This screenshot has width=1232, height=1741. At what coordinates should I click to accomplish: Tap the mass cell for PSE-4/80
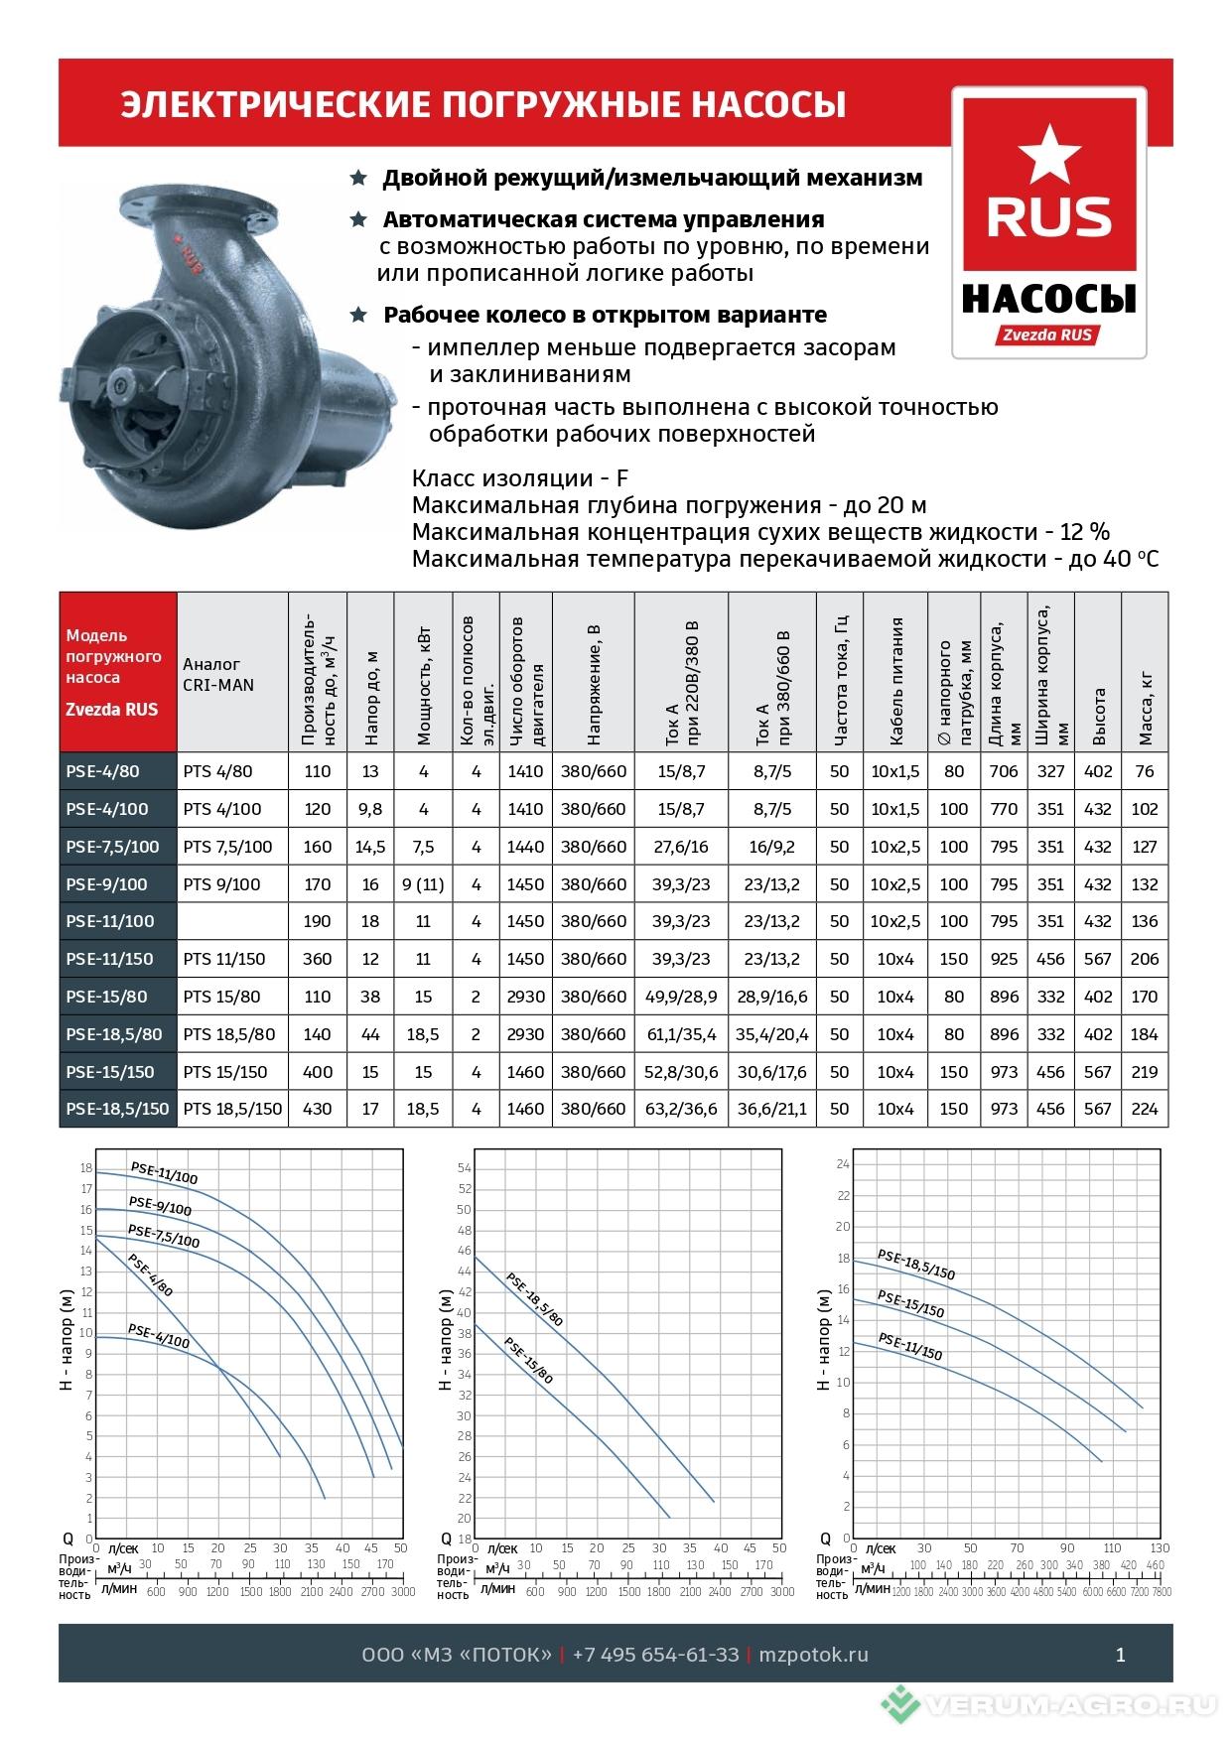click(1144, 771)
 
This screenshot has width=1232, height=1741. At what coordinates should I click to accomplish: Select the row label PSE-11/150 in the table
click(110, 959)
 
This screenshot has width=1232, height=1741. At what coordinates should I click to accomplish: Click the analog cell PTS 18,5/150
click(232, 1109)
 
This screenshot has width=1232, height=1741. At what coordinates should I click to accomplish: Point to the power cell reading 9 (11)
click(423, 884)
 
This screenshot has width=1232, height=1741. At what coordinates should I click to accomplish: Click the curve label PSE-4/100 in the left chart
click(158, 1336)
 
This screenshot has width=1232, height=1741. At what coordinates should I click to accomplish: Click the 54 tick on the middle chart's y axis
click(464, 1168)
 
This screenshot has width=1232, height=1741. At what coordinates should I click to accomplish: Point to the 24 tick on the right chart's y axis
click(843, 1163)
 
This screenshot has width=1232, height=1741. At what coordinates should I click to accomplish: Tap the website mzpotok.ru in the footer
click(813, 1655)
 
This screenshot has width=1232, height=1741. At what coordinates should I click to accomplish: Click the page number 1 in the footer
click(1121, 1655)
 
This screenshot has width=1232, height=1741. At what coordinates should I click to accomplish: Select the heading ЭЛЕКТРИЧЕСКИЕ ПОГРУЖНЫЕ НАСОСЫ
click(483, 104)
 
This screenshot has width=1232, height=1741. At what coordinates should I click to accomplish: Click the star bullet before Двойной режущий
click(358, 178)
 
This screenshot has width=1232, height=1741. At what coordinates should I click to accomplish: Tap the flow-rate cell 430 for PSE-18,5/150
click(318, 1109)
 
